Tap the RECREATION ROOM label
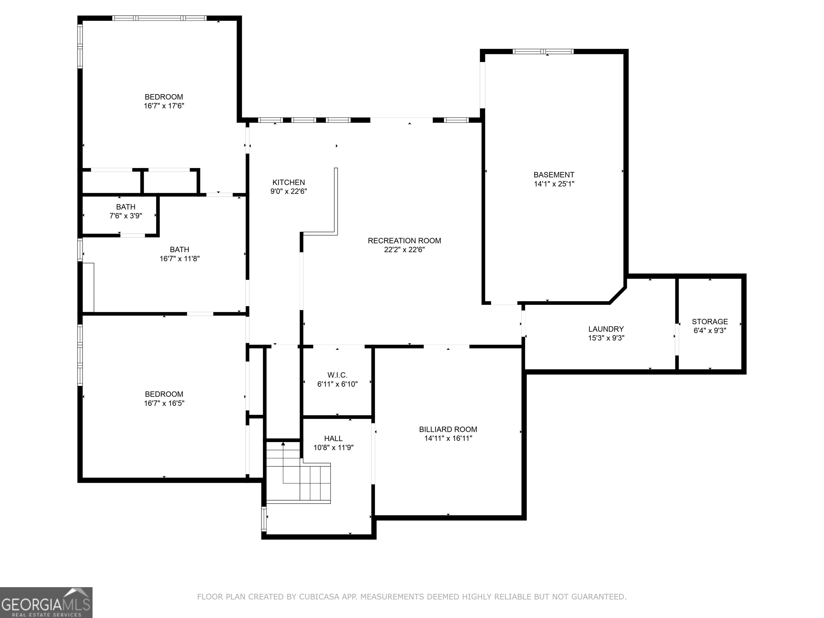(x=404, y=241)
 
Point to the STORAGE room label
(x=710, y=322)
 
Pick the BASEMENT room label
(x=554, y=175)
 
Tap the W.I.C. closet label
(x=337, y=375)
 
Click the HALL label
(x=333, y=439)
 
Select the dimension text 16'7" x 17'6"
(x=164, y=106)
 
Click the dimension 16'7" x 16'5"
(x=164, y=403)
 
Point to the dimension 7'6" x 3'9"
(x=126, y=216)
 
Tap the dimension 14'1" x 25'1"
(x=554, y=184)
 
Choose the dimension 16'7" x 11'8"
(x=179, y=259)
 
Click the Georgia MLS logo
(x=46, y=602)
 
